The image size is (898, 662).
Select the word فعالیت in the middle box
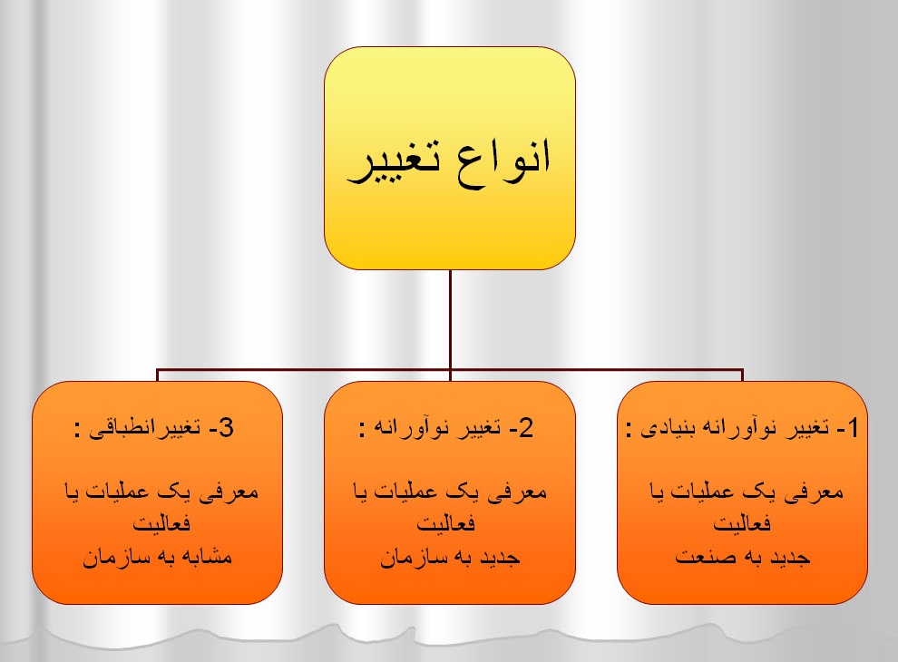[x=450, y=524]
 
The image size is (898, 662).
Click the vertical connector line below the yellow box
[x=451, y=317]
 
